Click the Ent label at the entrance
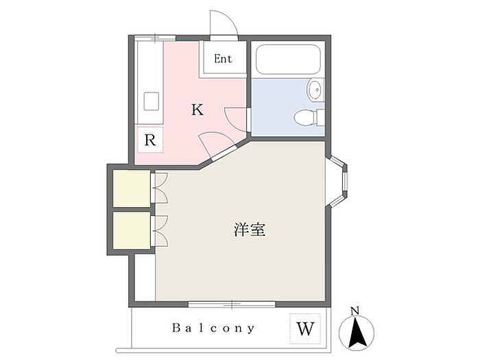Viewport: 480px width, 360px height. (x=223, y=59)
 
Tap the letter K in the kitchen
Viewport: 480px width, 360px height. (x=197, y=110)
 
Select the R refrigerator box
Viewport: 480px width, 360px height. (x=150, y=141)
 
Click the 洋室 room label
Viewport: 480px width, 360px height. (x=250, y=230)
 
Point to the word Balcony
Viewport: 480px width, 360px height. (x=213, y=328)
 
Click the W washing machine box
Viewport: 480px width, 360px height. (x=306, y=328)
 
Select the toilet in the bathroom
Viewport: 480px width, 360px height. (x=309, y=118)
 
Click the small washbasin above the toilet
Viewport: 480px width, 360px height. (x=315, y=89)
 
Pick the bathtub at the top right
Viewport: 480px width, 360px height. (x=287, y=62)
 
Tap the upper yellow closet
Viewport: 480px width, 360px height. (x=131, y=188)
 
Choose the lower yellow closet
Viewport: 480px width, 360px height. (x=131, y=230)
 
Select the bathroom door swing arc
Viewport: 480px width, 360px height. (x=235, y=118)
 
